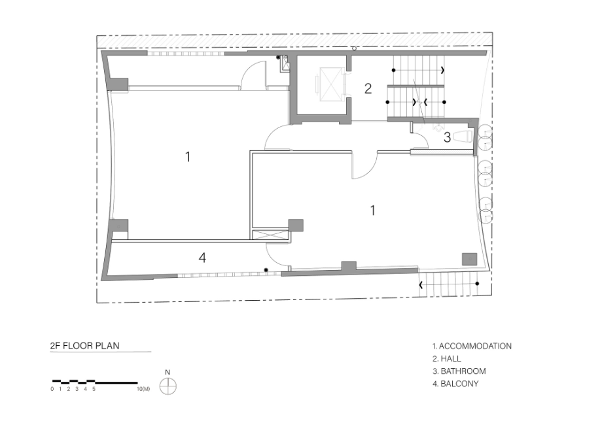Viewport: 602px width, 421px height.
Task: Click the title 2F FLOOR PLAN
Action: click(x=85, y=345)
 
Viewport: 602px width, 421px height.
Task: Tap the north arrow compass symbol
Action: click(x=168, y=386)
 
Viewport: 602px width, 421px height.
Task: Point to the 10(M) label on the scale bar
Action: click(x=143, y=389)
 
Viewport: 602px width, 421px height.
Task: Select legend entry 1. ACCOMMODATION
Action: click(x=472, y=346)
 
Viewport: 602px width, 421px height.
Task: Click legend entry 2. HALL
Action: click(x=447, y=359)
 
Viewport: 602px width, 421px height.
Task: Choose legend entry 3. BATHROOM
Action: click(x=459, y=371)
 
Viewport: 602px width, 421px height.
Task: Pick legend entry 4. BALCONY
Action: click(x=455, y=384)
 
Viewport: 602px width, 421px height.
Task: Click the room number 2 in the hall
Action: click(x=368, y=88)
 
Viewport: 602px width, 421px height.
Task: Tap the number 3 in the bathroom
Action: click(x=447, y=137)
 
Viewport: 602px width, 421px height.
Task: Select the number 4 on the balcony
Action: click(x=202, y=258)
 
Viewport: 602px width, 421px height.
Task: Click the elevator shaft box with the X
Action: click(x=330, y=84)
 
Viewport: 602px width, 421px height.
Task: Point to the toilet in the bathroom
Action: click(x=462, y=137)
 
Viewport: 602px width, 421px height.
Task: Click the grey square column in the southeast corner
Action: click(x=469, y=259)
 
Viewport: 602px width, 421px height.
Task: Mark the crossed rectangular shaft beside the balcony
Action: click(x=271, y=234)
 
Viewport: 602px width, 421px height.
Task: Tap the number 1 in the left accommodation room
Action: click(x=188, y=156)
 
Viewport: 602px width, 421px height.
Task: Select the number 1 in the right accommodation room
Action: click(x=372, y=210)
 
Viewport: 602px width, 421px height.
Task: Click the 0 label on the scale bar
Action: click(x=52, y=389)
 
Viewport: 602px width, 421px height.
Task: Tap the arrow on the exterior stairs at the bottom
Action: click(x=421, y=285)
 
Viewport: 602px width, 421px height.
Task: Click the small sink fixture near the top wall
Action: click(x=285, y=63)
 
